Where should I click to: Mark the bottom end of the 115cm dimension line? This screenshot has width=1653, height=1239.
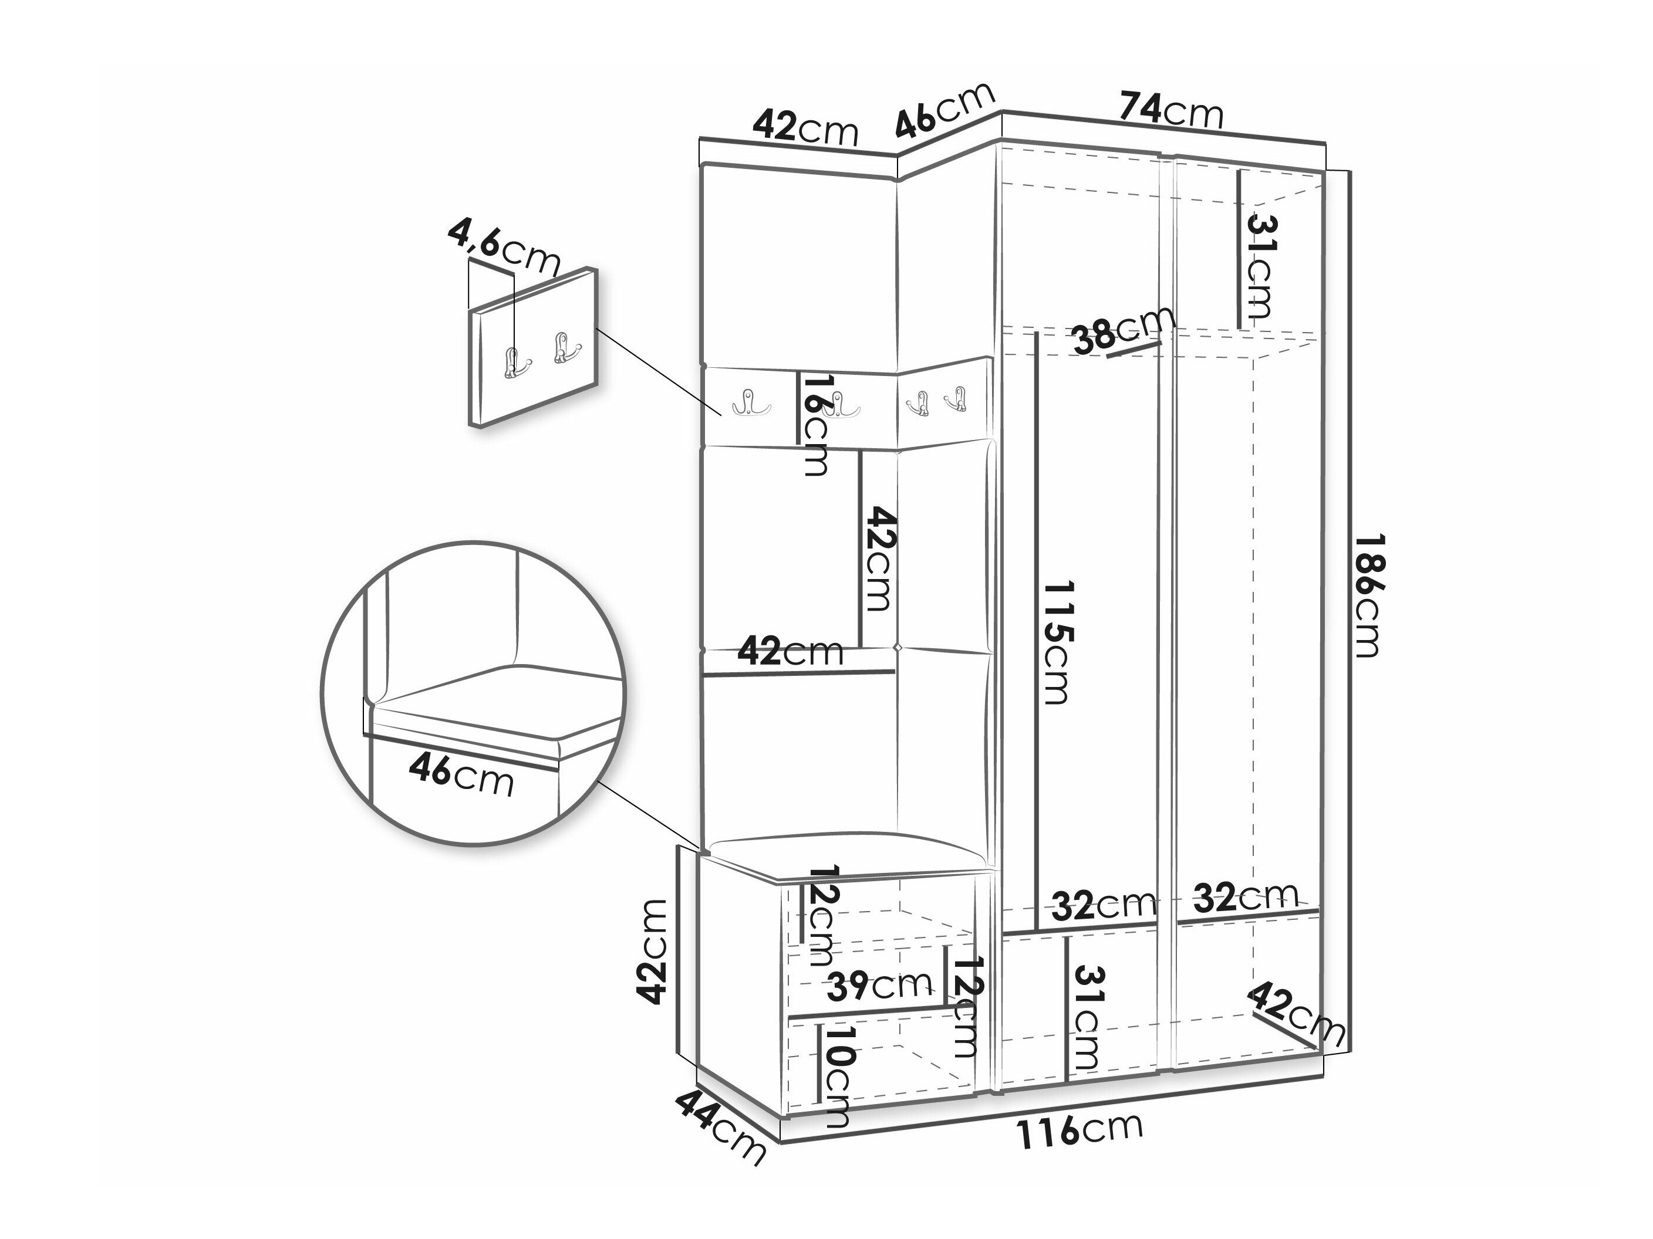click(x=1037, y=930)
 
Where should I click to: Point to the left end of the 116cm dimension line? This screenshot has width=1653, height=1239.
click(x=781, y=1142)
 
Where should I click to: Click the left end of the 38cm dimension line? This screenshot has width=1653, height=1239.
click(x=1108, y=356)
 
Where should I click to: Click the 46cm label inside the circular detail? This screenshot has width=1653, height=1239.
click(x=462, y=775)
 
